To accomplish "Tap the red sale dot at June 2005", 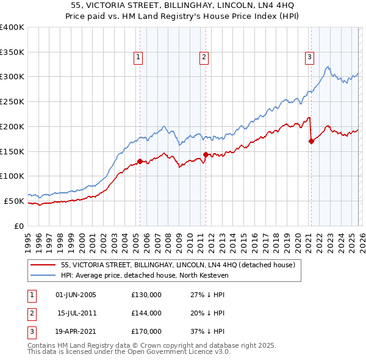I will [x=140, y=161].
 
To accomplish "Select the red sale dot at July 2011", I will [x=206, y=154].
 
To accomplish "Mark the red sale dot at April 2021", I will [x=311, y=141].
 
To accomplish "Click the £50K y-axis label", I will [x=14, y=201].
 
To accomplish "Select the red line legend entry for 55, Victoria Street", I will [x=178, y=265].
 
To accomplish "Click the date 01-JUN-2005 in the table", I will [x=76, y=295].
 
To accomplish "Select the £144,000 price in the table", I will [x=146, y=313].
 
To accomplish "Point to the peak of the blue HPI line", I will [x=328, y=67].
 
